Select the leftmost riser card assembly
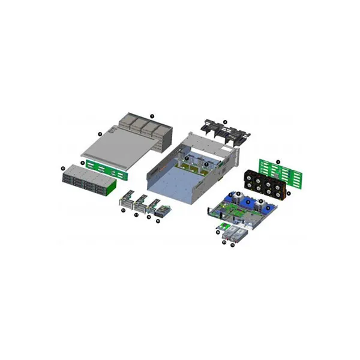click(x=127, y=202)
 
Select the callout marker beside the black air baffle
click(x=225, y=121)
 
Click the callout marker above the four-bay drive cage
click(x=152, y=115)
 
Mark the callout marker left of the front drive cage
click(x=63, y=169)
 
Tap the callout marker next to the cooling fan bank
click(x=289, y=193)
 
